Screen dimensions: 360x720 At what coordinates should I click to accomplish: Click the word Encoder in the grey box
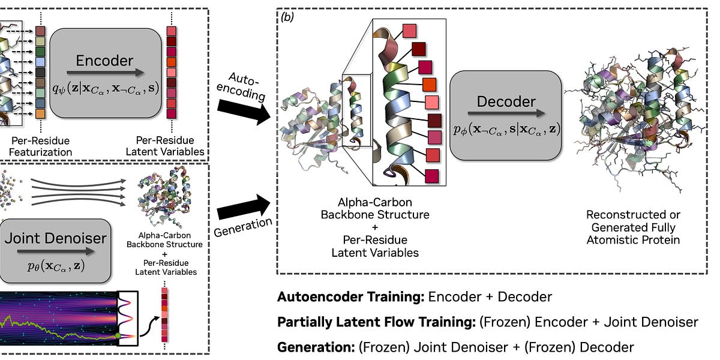coord(105,61)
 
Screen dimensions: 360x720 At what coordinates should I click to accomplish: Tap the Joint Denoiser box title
coord(55,238)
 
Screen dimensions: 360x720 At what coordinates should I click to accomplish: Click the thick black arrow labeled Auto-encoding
coord(242,112)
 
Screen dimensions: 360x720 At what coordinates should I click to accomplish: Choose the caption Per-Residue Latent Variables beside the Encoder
coord(165,146)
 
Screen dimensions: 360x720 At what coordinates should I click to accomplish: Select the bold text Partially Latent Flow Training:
coord(376,322)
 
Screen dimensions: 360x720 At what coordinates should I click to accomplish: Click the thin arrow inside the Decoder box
coord(505,113)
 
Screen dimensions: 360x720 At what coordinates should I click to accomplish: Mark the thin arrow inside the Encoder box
coord(105,73)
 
